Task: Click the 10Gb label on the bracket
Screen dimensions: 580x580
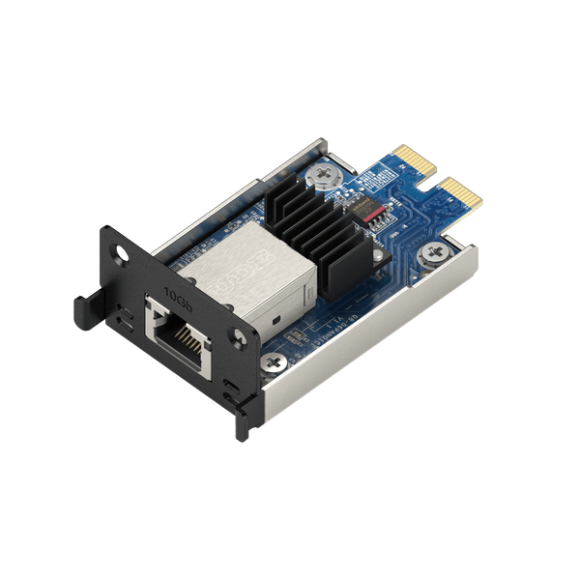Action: point(176,292)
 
